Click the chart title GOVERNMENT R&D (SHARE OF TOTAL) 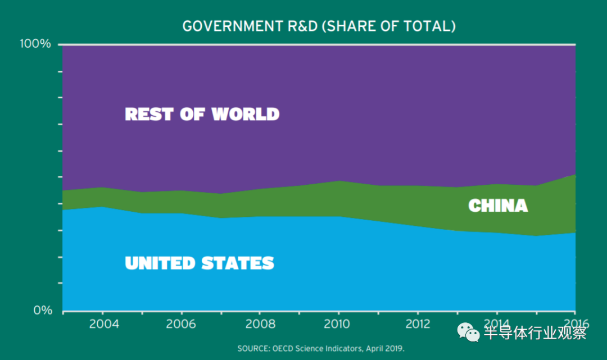[319, 26]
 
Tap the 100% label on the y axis [35, 44]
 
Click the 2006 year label [182, 325]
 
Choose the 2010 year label [338, 325]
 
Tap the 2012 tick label [418, 325]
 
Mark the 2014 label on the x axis [496, 325]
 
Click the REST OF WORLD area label [202, 114]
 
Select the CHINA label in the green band [498, 206]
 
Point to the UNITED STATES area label [200, 263]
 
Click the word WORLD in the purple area [246, 114]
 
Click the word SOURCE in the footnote [254, 349]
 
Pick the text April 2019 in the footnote [385, 349]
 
